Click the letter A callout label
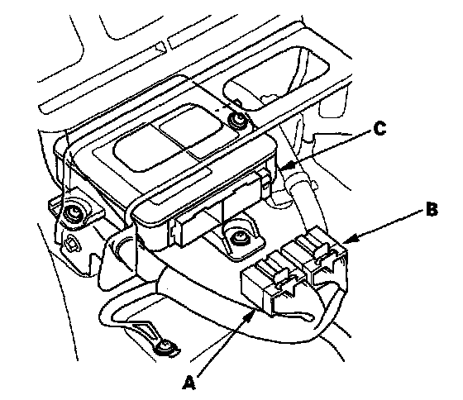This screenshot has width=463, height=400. tap(189, 383)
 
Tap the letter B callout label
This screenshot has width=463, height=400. tap(432, 210)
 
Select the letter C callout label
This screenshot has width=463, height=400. tap(379, 129)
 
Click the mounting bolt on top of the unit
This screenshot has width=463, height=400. tap(237, 121)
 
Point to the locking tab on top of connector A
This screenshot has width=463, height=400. tap(272, 267)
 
